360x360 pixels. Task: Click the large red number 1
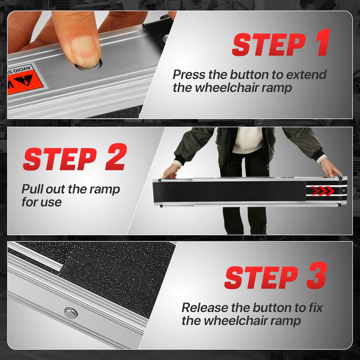click(x=323, y=42)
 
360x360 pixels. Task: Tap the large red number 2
click(x=116, y=157)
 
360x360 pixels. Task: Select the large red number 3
click(x=317, y=275)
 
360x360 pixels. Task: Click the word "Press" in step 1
click(x=188, y=75)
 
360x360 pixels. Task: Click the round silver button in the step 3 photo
click(x=71, y=313)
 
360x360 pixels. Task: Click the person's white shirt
click(x=247, y=140)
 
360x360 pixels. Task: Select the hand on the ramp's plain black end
click(x=170, y=172)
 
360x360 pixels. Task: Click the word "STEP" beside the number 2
click(x=60, y=159)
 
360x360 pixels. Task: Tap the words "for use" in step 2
click(x=41, y=202)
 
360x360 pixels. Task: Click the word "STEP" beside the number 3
click(x=262, y=277)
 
